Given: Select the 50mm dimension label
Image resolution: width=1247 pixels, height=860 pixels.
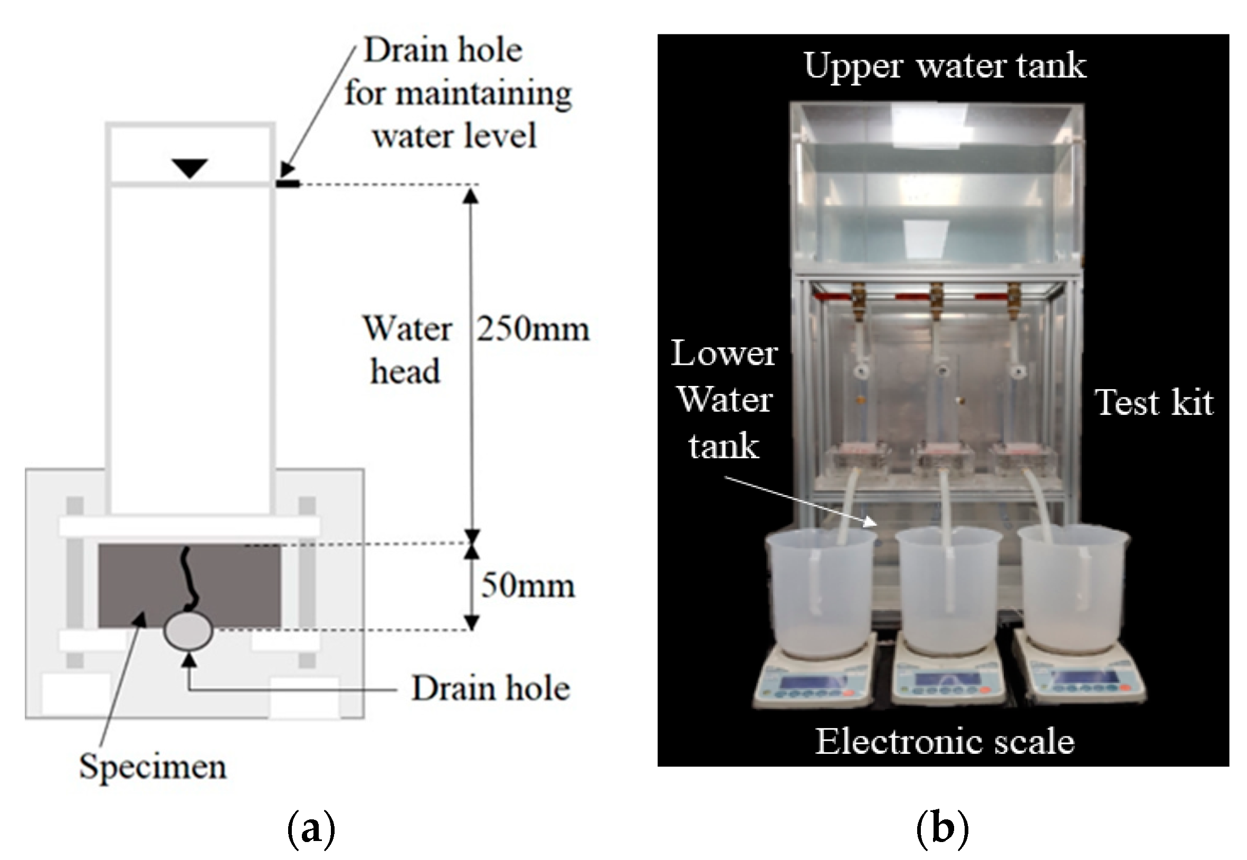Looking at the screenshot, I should (x=527, y=585).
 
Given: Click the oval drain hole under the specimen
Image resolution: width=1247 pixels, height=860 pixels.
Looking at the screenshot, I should (x=188, y=631).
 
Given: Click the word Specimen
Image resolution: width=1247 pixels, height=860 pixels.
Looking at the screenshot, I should (x=153, y=766).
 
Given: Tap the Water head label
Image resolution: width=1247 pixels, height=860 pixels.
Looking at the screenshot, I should (x=407, y=350).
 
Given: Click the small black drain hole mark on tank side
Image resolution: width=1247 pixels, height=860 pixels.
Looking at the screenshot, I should (x=288, y=184).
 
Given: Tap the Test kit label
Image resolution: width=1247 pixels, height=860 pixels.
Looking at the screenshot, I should (x=1153, y=402).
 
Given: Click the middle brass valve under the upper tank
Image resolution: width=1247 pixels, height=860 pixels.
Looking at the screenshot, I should (x=936, y=299).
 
